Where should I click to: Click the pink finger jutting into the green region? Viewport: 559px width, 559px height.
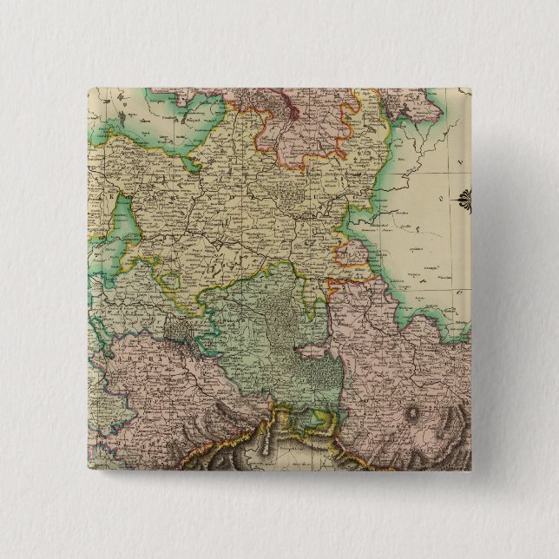click(x=314, y=351)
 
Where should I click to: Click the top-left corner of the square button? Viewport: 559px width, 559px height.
click(x=89, y=89)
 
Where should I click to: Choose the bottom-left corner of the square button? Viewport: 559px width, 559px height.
click(x=89, y=470)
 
